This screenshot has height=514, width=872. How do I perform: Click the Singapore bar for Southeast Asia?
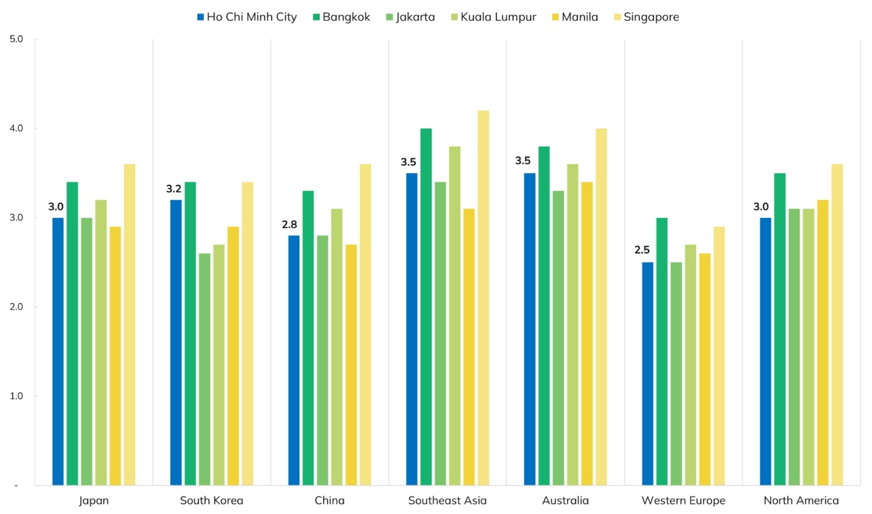(483, 298)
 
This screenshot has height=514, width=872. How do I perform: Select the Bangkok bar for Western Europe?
(662, 352)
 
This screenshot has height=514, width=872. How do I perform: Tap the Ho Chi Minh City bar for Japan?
(58, 352)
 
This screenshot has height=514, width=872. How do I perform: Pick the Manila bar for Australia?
(587, 333)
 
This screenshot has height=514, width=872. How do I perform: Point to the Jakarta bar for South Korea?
(205, 369)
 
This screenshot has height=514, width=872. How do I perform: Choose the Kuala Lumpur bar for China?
(337, 347)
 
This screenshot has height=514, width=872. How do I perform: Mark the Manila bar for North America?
(823, 342)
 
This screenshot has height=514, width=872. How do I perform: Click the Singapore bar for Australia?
(601, 307)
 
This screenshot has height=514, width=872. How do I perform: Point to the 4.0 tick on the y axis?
(16, 128)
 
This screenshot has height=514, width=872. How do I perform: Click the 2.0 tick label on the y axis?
(16, 307)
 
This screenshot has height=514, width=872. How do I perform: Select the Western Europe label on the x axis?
(683, 501)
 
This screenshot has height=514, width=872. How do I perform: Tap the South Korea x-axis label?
(211, 501)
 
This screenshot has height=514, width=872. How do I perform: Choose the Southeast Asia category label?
(448, 501)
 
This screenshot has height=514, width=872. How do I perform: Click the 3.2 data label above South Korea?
(174, 189)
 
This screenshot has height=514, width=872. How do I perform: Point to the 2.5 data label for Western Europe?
(642, 250)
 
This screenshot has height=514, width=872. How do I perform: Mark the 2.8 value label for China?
(289, 225)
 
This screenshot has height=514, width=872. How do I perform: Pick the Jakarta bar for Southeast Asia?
(440, 333)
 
